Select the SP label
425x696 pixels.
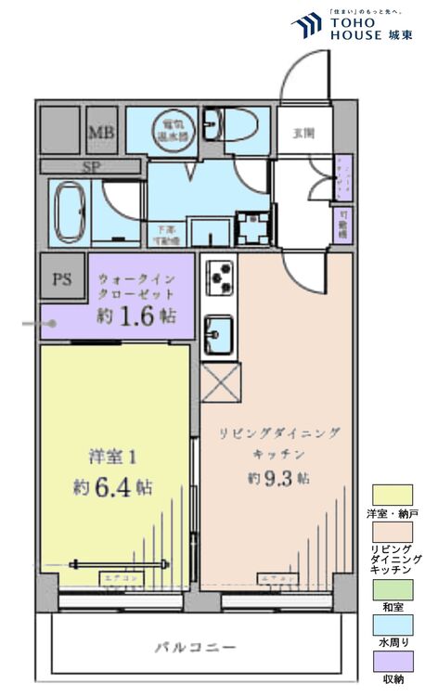pyautogui.click(x=91, y=167)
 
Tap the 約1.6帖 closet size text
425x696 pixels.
pyautogui.click(x=136, y=316)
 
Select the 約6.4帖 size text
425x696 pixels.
pyautogui.click(x=111, y=486)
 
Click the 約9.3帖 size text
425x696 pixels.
pyautogui.click(x=277, y=478)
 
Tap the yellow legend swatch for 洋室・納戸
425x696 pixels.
pyautogui.click(x=392, y=495)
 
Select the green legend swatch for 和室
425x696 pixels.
pyautogui.click(x=392, y=588)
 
